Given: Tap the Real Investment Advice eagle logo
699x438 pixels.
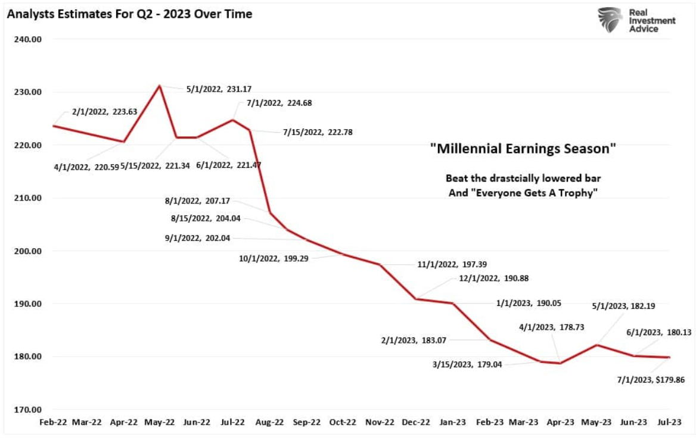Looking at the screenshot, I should point(610,20).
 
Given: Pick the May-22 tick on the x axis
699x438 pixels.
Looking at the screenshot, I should point(159,423).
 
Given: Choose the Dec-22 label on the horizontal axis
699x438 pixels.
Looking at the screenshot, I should point(416,423).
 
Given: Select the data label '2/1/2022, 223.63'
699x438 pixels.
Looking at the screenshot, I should point(104,111).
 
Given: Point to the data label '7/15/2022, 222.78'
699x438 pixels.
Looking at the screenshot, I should point(318,132).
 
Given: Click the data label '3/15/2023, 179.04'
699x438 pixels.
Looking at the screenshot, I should point(469,365).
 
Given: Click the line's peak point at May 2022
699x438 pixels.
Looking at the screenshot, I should point(159,86).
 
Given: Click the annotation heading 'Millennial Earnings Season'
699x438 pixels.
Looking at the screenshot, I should point(523,149).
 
